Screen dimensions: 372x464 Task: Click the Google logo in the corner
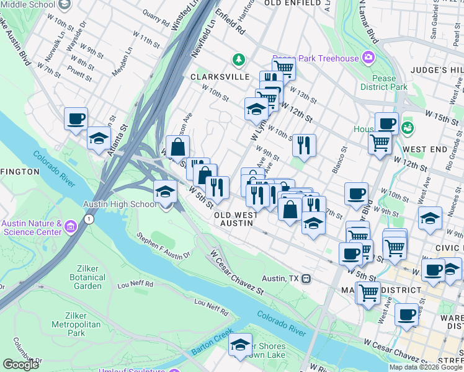click(20, 365)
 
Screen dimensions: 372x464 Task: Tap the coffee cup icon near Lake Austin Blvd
click(76, 118)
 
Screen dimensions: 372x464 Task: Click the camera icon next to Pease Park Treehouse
click(368, 58)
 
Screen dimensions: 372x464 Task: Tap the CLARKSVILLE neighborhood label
click(215, 77)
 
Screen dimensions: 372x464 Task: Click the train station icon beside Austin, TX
click(306, 278)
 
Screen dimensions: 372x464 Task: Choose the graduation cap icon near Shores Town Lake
click(239, 347)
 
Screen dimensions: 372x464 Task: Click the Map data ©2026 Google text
click(426, 367)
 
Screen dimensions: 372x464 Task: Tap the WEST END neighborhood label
click(425, 149)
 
